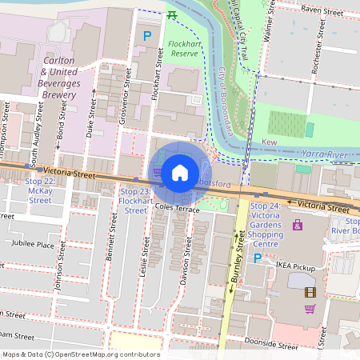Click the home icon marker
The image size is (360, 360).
[x=180, y=172]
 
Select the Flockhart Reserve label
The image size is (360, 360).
[x=182, y=48]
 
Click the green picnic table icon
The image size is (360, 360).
[x=172, y=14]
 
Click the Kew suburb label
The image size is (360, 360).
[x=268, y=142]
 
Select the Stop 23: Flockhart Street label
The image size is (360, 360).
[x=136, y=201]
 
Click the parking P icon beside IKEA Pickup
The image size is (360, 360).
[x=258, y=258]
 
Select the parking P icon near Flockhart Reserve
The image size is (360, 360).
[x=146, y=36]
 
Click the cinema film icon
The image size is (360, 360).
[x=310, y=292]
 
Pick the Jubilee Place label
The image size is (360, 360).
[x=33, y=245]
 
